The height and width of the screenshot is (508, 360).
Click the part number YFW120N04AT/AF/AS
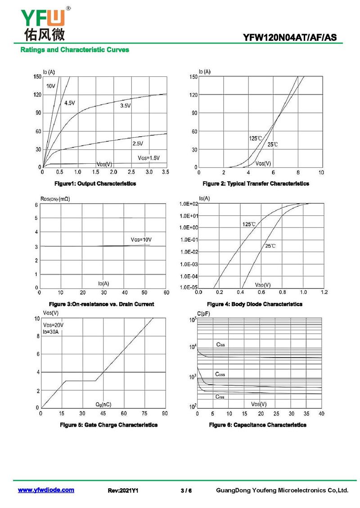point(290,38)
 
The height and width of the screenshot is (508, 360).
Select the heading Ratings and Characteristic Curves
point(75,50)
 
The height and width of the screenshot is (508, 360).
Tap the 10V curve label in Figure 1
point(50,86)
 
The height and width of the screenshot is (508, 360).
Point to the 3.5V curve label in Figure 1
point(126,106)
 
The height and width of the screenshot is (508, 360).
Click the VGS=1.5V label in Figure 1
point(148,158)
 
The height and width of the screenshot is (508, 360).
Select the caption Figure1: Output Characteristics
point(95,184)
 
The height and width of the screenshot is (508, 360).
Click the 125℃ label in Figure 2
point(255,138)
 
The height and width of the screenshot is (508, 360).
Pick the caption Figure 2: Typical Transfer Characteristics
point(256,184)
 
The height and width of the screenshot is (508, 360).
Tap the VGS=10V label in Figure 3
point(141,240)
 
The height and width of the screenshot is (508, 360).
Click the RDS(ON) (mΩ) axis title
point(55,199)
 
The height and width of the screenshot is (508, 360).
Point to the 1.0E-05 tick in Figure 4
point(189,287)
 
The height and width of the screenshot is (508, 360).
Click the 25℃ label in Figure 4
point(270,246)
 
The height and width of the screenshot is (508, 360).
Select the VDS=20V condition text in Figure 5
point(53,325)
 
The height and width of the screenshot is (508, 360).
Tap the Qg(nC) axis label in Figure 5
point(103,404)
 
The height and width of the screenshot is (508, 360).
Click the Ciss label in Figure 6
point(220,344)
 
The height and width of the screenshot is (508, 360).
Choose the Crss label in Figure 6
point(220,397)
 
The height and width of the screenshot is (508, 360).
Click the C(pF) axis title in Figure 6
point(203,314)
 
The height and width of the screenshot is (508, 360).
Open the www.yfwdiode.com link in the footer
point(46,490)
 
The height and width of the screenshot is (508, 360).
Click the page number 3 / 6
point(186,490)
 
